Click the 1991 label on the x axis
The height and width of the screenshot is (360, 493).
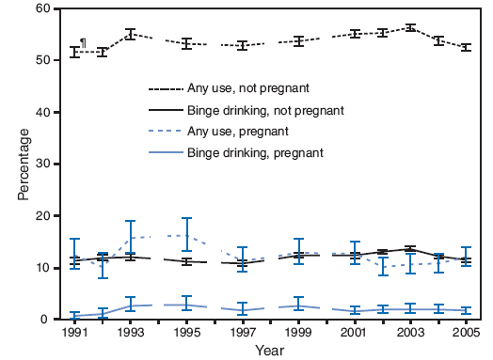75,332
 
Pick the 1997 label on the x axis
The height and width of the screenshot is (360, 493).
242,332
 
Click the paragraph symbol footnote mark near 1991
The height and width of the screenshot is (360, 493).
83,43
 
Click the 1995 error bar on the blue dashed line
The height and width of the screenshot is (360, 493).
186,235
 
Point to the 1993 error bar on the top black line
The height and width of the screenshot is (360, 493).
131,34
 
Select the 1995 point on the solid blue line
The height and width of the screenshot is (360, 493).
186,305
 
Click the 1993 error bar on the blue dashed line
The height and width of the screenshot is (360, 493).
131,237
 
